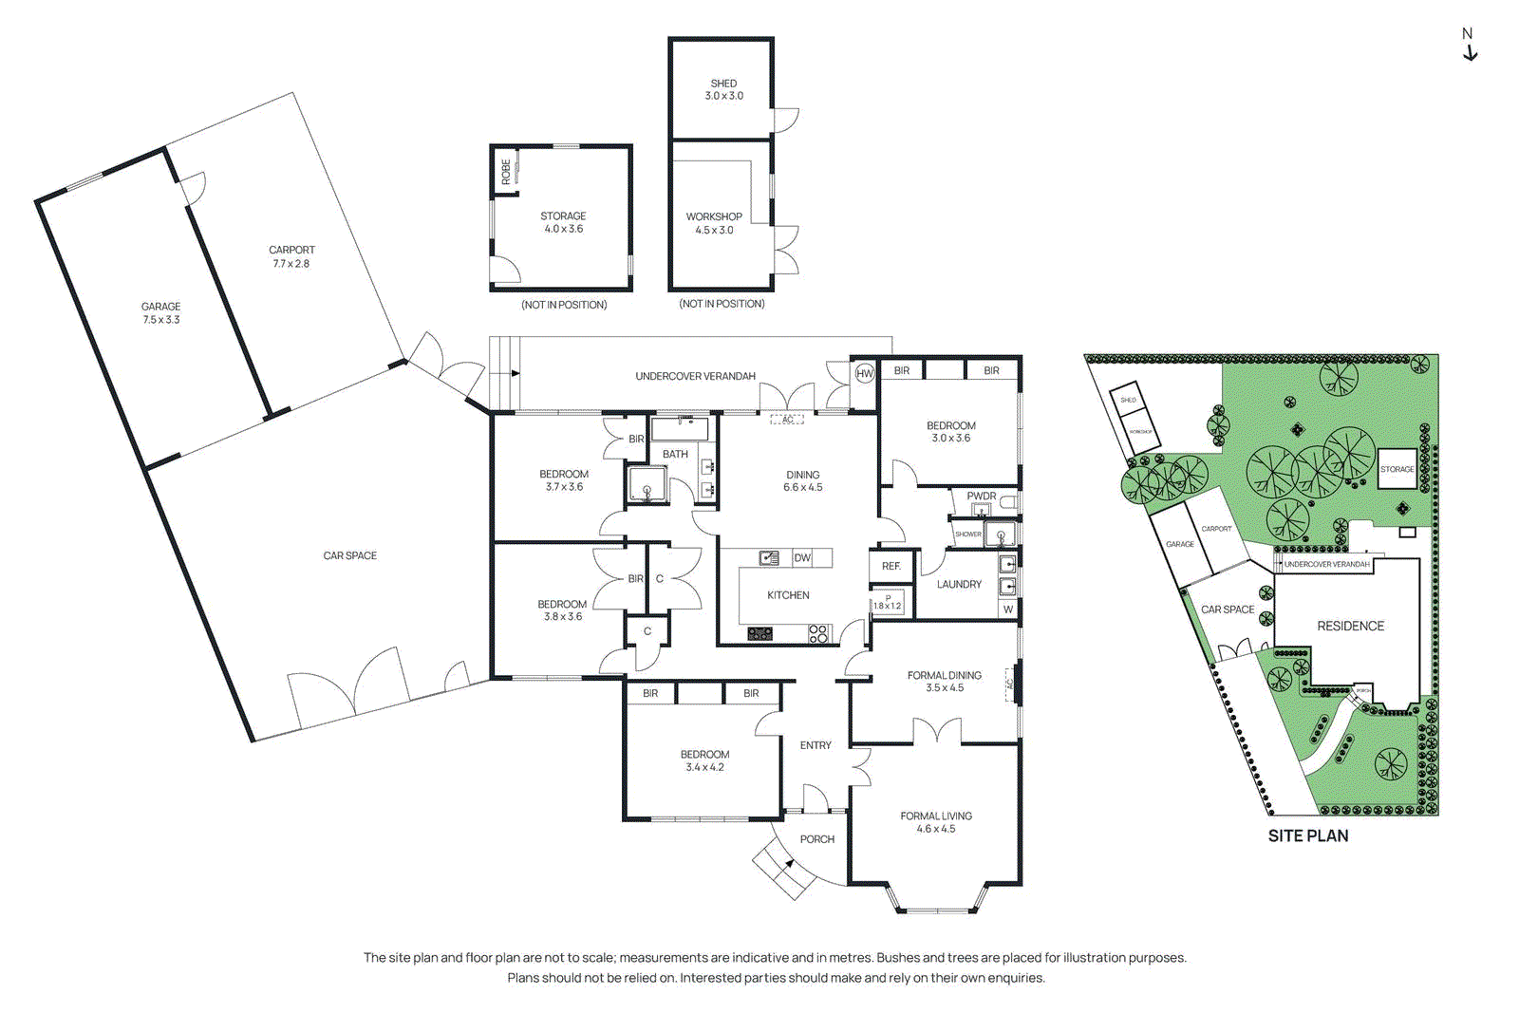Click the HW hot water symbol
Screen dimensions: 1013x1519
[864, 373]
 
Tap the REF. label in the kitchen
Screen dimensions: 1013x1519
[891, 566]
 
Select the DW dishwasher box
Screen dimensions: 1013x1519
[802, 558]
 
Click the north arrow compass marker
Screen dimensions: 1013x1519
[1469, 45]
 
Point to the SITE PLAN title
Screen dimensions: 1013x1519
[1307, 835]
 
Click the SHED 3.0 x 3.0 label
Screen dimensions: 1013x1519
[723, 89]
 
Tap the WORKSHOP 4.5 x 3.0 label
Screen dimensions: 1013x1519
[714, 223]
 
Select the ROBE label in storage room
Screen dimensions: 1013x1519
[506, 172]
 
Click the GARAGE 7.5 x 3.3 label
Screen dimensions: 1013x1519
[160, 312]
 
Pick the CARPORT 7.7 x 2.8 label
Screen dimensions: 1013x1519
[291, 256]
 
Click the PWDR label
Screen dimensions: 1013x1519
[981, 496]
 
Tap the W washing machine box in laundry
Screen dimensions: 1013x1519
[1007, 610]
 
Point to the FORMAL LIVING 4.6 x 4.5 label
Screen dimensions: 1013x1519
[935, 822]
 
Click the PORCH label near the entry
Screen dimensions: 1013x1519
[816, 839]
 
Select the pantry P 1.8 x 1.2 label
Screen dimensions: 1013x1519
[887, 603]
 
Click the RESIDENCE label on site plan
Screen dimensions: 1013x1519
[1350, 626]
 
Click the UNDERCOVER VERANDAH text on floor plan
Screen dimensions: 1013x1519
[695, 376]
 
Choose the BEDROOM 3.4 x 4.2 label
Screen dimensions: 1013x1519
[704, 760]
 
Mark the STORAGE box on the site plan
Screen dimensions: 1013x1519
[1397, 469]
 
